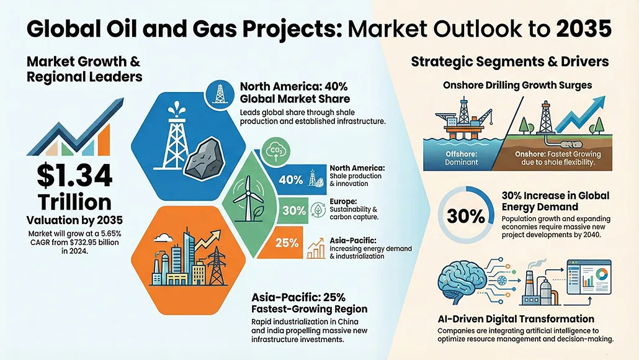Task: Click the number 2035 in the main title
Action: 584,29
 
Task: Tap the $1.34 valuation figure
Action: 74,175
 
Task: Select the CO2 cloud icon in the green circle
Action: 275,151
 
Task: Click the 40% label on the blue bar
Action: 290,179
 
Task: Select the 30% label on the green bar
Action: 294,210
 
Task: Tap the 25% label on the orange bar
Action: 287,243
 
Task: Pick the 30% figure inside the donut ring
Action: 465,215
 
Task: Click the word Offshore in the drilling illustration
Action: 461,154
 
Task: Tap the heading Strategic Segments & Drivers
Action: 509,61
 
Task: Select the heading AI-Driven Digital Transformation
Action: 516,319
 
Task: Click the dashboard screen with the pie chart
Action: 589,277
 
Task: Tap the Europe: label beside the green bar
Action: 343,201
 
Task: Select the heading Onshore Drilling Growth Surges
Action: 517,85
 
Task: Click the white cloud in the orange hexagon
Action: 163,237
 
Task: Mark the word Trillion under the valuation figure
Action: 74,202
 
